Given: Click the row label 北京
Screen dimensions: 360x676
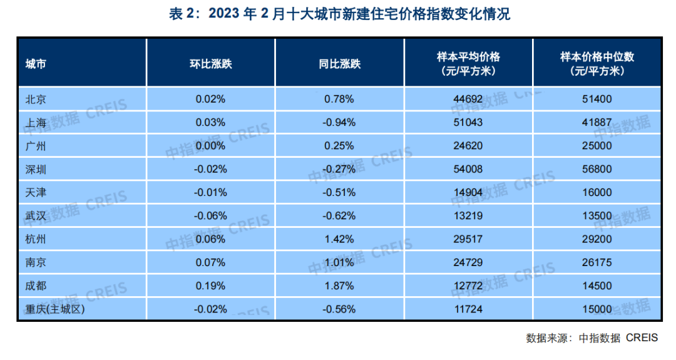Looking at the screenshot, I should (36, 99).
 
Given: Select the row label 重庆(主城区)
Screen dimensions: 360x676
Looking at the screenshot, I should (54, 309).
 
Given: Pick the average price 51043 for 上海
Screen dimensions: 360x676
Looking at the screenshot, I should (468, 123).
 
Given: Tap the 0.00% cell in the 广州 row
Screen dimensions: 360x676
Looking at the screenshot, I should (210, 146).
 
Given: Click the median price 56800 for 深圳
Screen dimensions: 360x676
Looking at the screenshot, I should (597, 169).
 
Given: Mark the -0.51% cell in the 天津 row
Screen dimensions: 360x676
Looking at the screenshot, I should (339, 193).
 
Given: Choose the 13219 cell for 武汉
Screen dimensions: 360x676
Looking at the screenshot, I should (468, 216).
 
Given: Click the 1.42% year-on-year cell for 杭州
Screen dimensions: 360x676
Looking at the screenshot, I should (339, 239).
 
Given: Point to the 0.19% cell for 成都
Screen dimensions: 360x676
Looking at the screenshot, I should (210, 286).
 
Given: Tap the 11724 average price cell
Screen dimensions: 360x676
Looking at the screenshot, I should (468, 309).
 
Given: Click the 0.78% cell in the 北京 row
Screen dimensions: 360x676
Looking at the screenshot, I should (339, 99).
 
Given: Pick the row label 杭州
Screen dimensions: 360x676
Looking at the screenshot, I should (36, 239).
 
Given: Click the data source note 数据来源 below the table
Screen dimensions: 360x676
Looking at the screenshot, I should (591, 338).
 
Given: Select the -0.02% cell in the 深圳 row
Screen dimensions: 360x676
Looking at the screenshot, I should (210, 169).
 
